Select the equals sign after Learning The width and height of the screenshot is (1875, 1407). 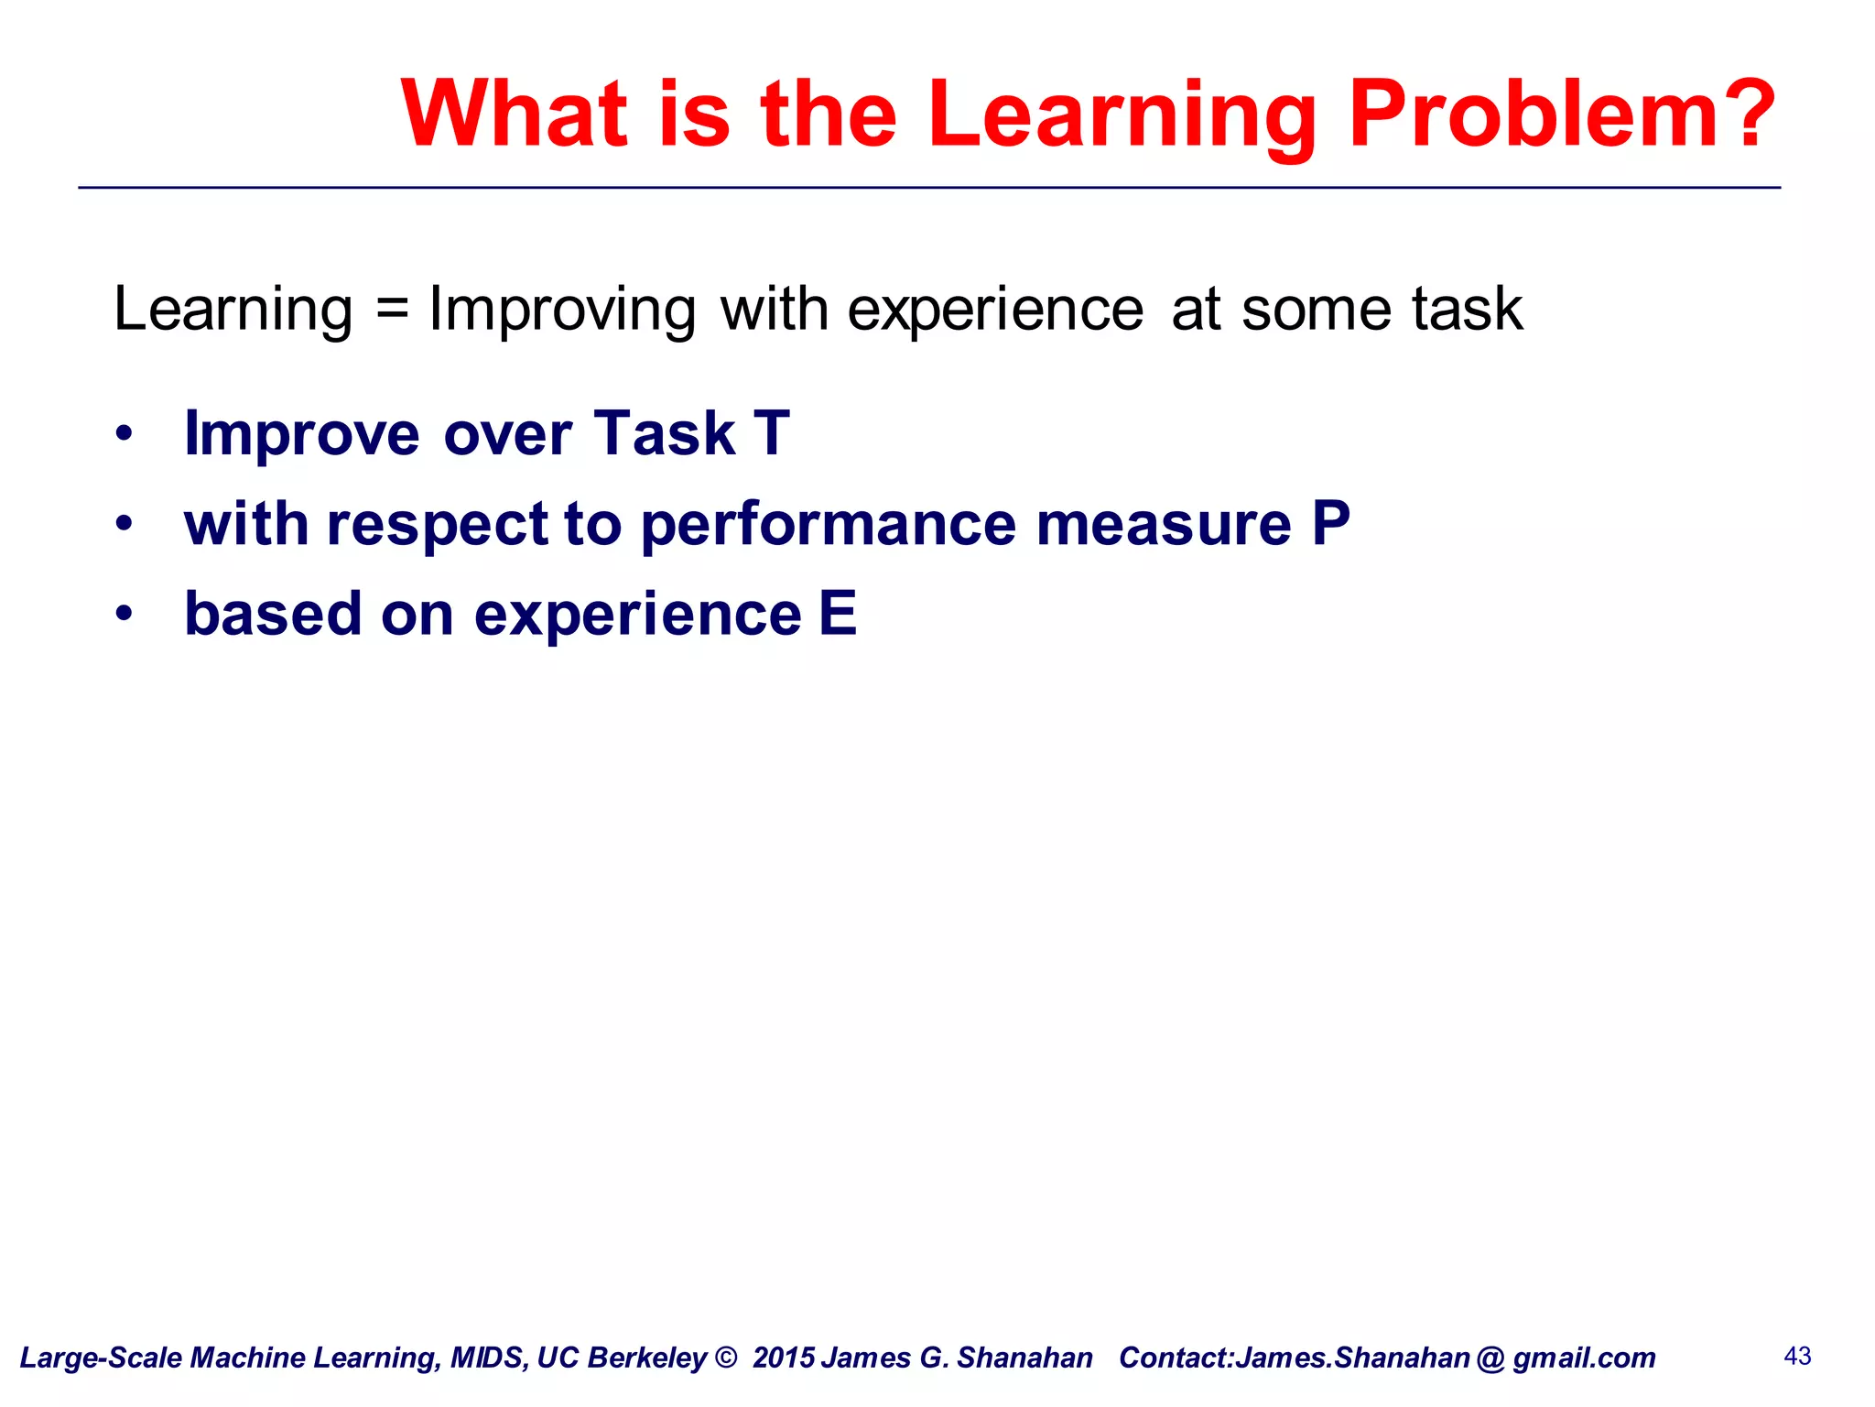click(x=391, y=309)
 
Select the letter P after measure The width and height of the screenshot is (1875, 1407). click(x=1330, y=523)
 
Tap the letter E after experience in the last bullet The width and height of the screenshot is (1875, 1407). click(x=838, y=613)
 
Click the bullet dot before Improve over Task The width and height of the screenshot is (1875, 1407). click(x=125, y=433)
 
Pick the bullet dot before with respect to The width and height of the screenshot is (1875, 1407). click(x=125, y=524)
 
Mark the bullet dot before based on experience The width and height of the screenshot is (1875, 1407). click(x=125, y=614)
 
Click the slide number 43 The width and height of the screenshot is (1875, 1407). click(x=1797, y=1356)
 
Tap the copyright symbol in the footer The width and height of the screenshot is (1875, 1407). click(x=725, y=1358)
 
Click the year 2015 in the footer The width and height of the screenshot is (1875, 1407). click(x=784, y=1358)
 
